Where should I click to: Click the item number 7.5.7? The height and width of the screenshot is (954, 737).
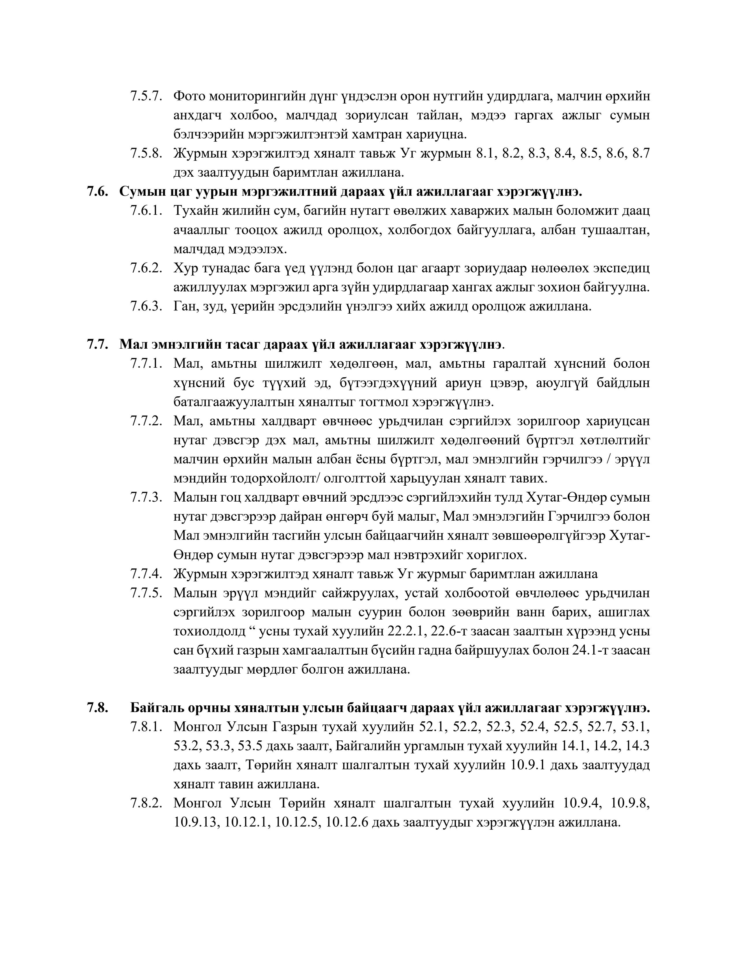click(x=146, y=96)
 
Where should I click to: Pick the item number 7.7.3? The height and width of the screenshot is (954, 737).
click(x=146, y=498)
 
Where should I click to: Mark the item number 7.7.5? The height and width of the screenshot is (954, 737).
click(x=146, y=593)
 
